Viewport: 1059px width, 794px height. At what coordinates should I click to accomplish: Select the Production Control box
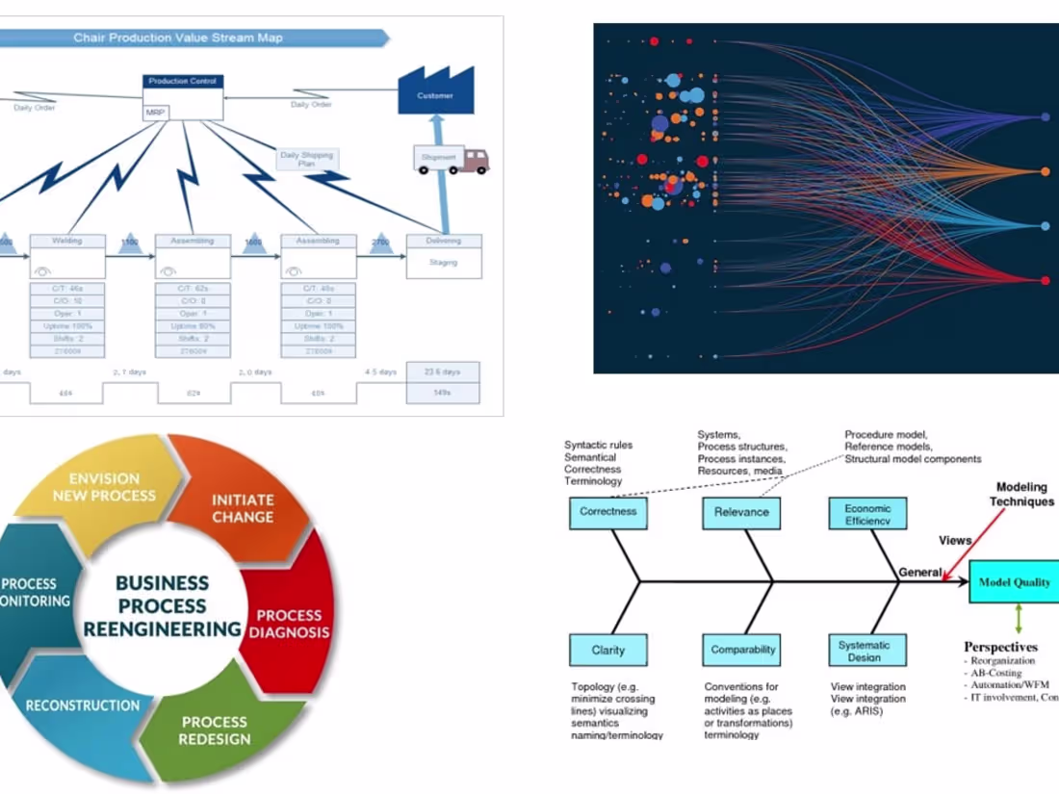tap(183, 96)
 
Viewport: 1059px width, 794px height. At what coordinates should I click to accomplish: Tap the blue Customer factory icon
tap(435, 90)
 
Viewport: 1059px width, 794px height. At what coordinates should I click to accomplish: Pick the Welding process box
tap(67, 256)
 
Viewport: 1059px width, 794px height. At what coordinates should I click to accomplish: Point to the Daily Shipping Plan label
tap(306, 159)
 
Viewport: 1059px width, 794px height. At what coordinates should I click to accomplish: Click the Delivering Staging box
tap(443, 256)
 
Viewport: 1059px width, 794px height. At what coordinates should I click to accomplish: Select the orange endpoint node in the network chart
tap(1046, 171)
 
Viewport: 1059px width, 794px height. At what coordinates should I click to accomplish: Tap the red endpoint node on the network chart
tap(1046, 280)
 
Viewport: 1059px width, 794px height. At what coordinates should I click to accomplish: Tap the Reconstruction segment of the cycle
tap(83, 705)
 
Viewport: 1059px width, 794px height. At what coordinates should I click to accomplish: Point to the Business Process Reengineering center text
tap(162, 606)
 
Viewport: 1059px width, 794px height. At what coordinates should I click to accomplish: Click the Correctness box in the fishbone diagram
tap(607, 512)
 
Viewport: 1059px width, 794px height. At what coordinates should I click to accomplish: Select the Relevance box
tap(740, 512)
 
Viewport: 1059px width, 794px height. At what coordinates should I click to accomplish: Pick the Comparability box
tap(742, 650)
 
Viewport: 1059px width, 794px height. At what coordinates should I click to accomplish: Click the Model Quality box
tap(1014, 582)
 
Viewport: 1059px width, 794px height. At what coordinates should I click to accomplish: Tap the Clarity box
tap(607, 650)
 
